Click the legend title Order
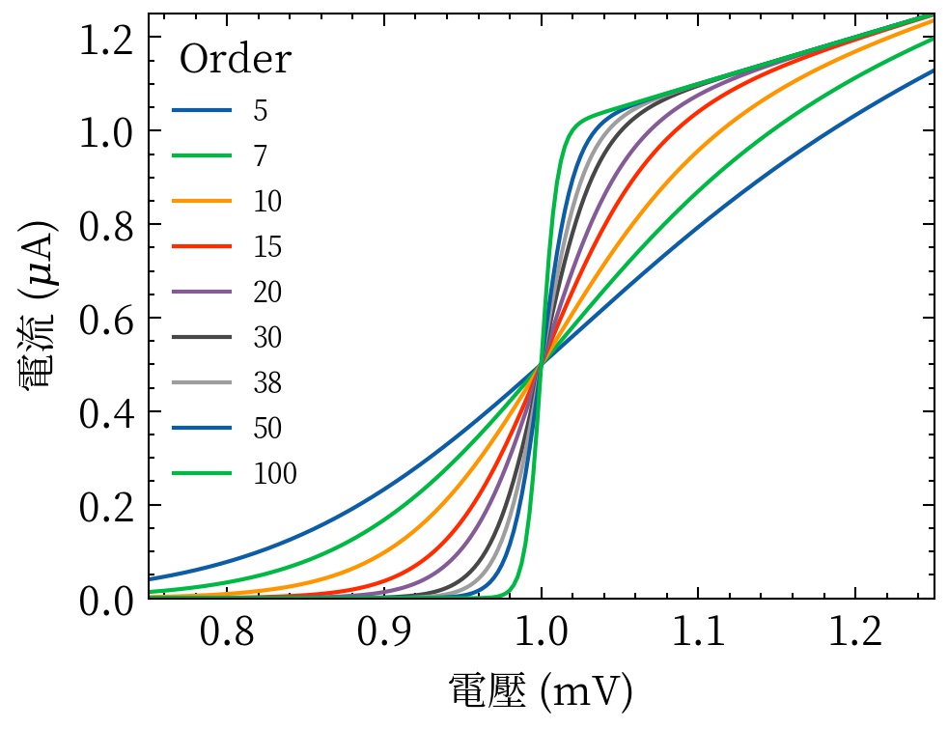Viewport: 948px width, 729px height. (235, 60)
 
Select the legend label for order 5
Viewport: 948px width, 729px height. (261, 111)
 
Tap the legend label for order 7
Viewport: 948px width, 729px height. (261, 156)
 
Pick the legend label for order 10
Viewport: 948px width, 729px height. (267, 202)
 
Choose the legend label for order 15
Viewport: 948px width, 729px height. (267, 247)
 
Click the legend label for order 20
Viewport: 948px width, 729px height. (267, 293)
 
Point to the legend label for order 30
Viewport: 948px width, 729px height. (267, 338)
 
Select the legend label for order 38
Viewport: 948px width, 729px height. (267, 383)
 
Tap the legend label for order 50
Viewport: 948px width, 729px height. (267, 429)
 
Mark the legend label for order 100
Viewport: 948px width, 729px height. (274, 474)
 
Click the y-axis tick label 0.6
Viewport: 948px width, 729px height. (108, 319)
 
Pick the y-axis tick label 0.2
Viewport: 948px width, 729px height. (108, 506)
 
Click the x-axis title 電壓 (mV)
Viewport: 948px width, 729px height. (541, 691)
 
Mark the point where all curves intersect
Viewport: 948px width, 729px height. (542, 364)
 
